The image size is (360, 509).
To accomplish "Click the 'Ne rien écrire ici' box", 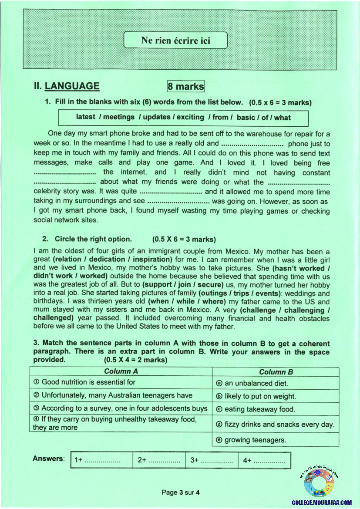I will (x=175, y=40).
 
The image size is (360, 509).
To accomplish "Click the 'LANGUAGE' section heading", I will (x=72, y=86).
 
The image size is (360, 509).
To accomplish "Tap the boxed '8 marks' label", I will (x=186, y=87).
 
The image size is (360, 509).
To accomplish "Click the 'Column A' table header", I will (x=121, y=371).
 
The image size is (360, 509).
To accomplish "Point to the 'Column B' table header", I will (x=276, y=372).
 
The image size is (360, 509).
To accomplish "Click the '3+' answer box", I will (x=212, y=460).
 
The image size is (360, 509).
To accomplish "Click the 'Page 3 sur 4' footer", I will (x=180, y=492).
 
